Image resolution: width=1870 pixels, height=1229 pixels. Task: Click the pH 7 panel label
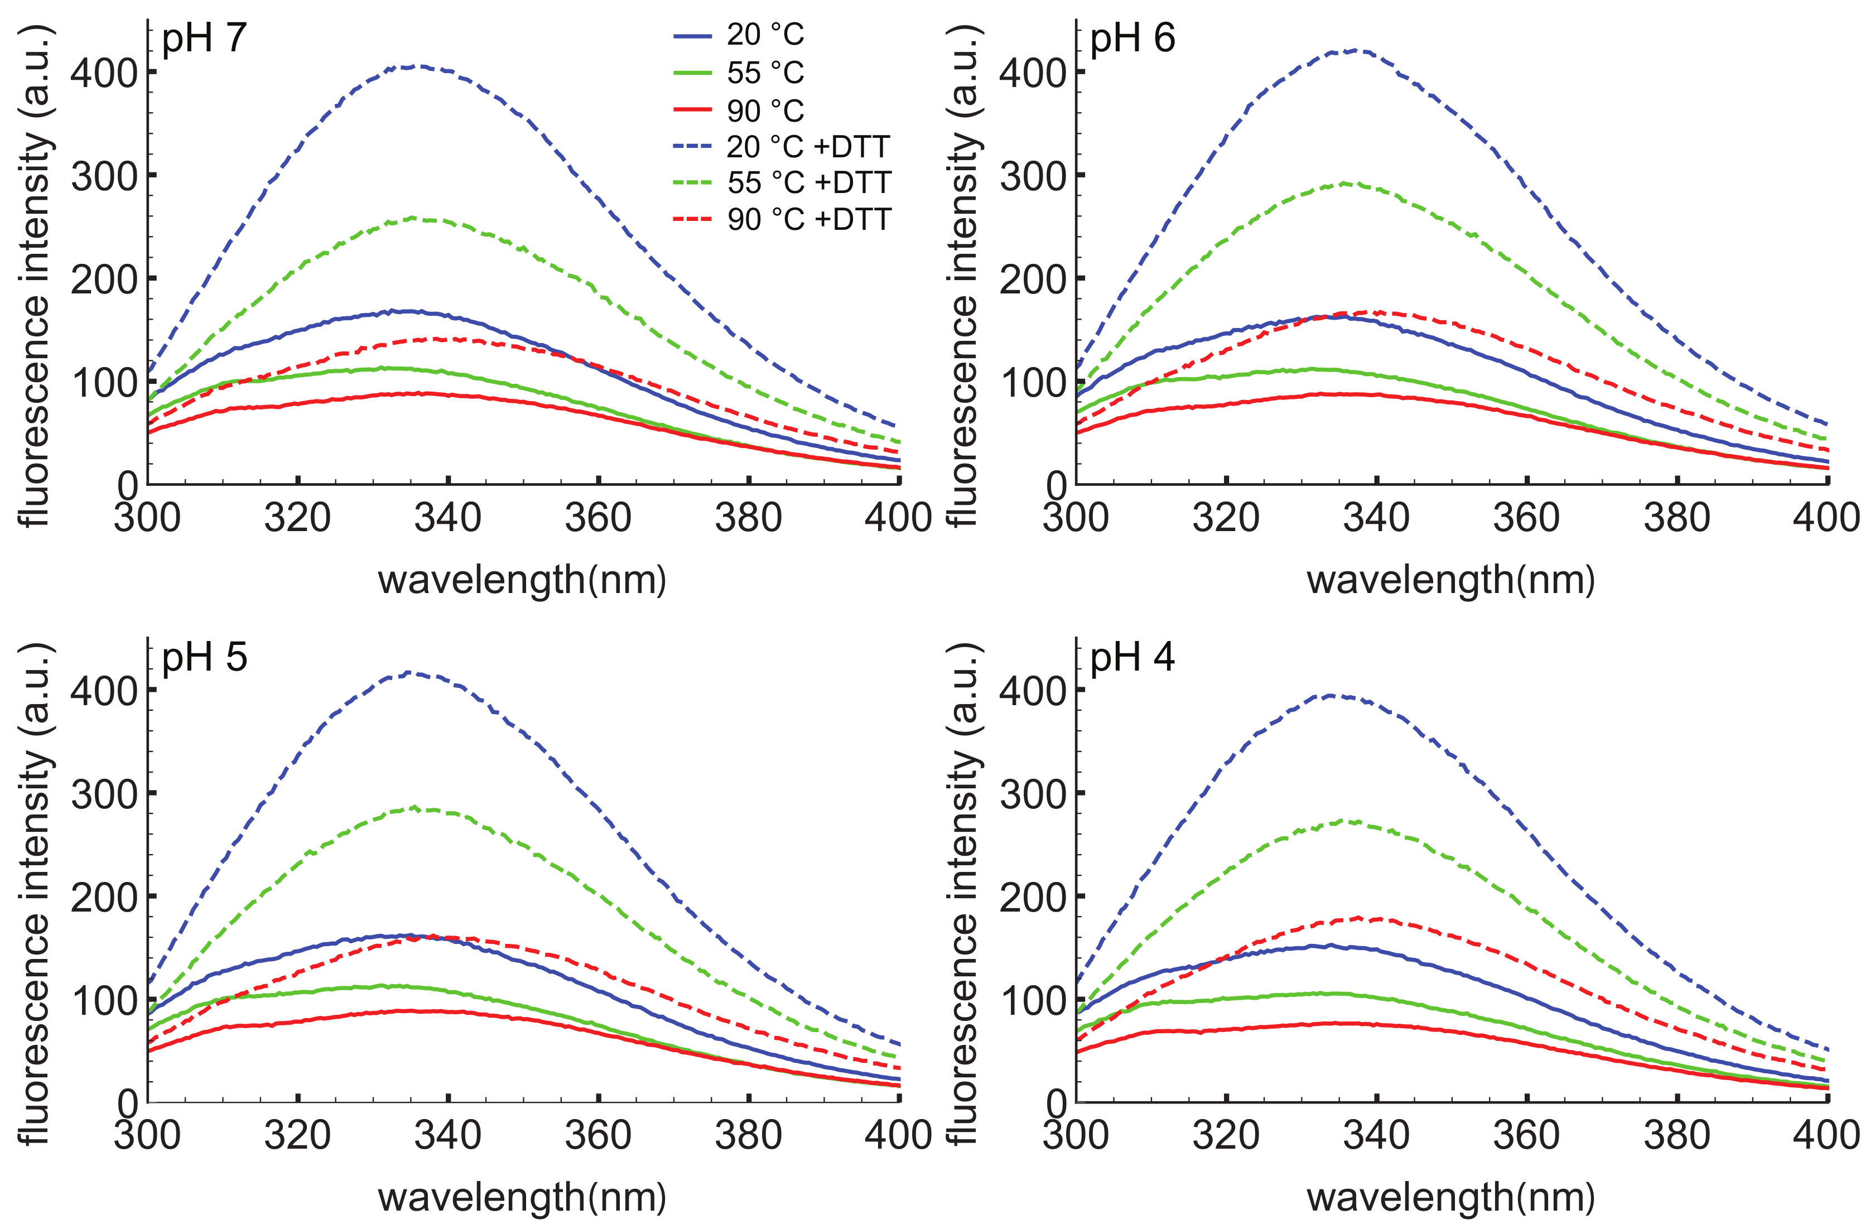[204, 38]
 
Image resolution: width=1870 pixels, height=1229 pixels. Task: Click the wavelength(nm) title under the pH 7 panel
[523, 581]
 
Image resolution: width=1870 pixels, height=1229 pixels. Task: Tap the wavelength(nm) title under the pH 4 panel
[1450, 1198]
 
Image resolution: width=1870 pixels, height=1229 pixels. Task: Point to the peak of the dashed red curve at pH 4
[1363, 918]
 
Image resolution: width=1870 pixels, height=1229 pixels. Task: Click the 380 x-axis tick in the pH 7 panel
[748, 518]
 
